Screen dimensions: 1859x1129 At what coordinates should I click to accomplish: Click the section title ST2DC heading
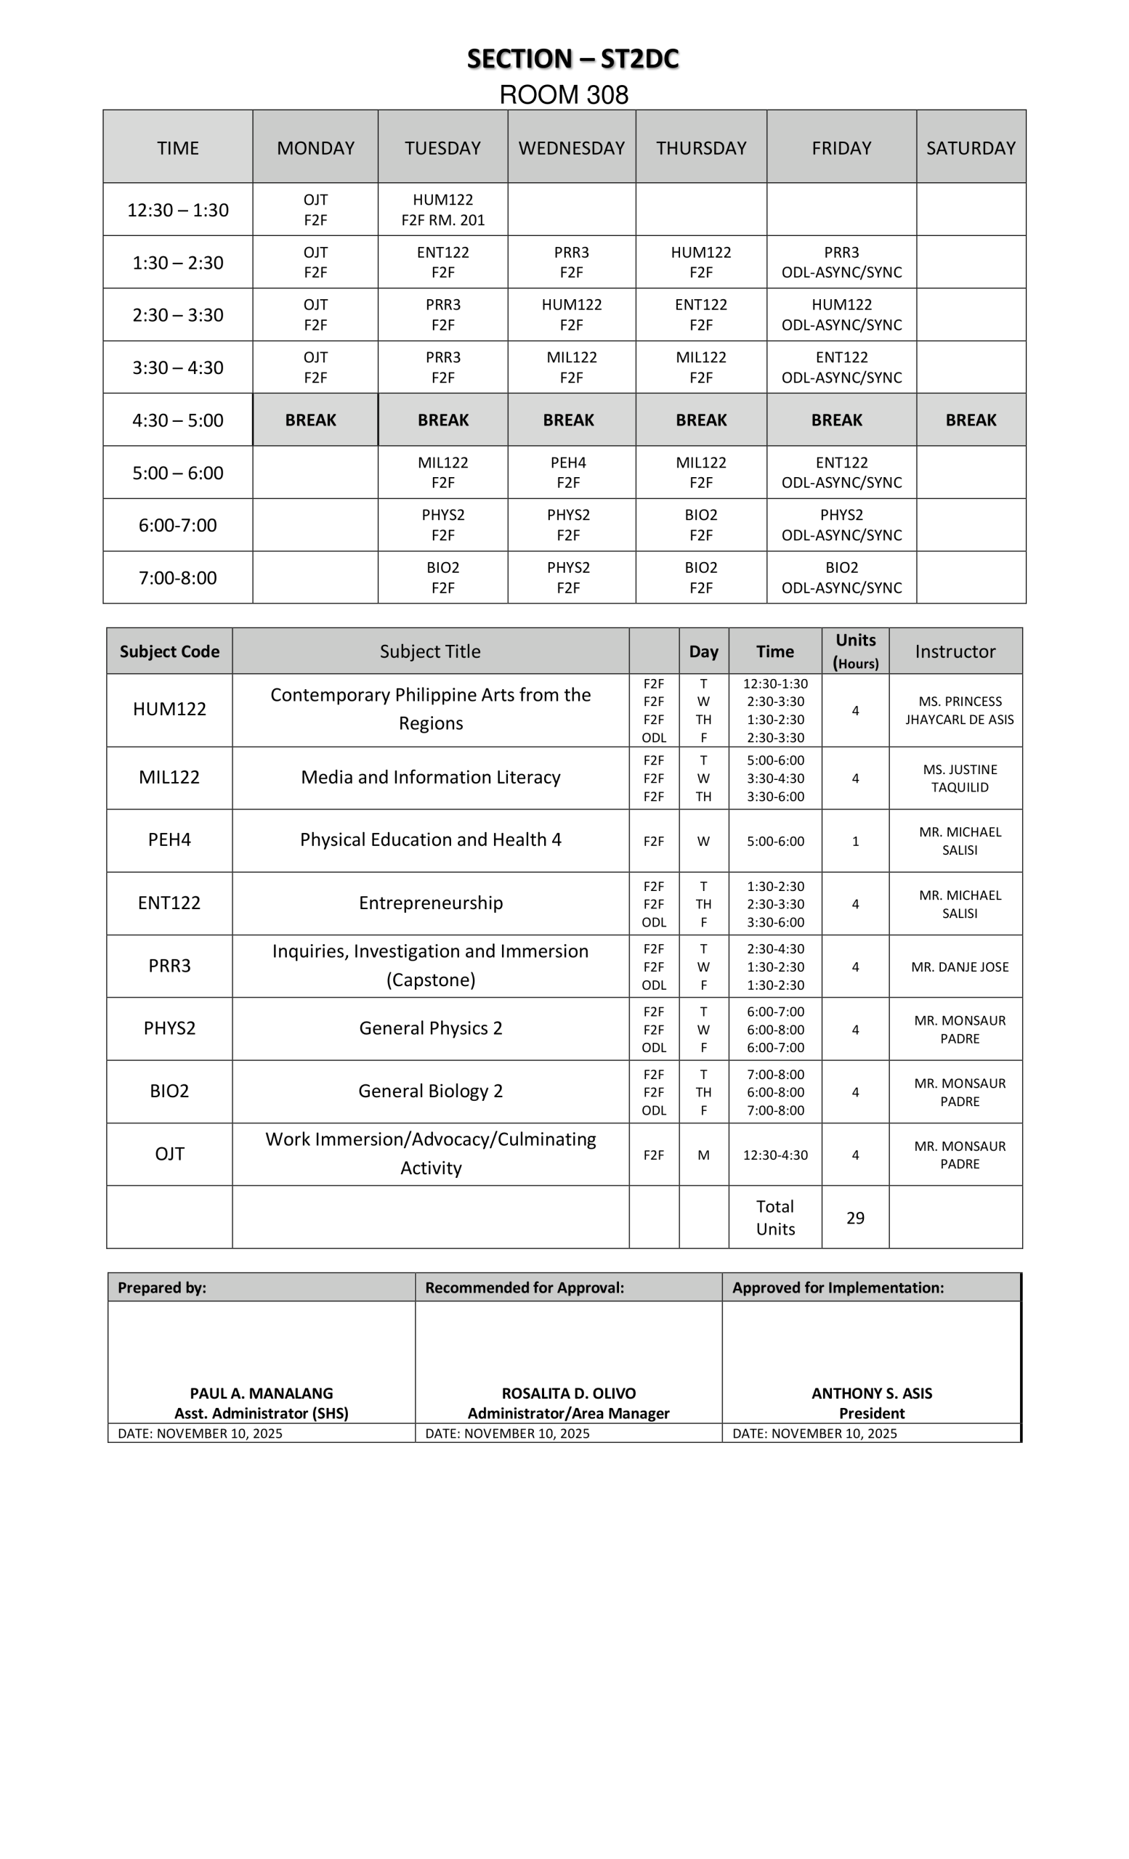point(572,59)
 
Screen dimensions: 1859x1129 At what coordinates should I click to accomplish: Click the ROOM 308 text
point(564,95)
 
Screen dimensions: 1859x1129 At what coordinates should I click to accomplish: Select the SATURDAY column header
point(971,148)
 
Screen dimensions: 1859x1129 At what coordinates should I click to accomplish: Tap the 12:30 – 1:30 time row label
point(177,210)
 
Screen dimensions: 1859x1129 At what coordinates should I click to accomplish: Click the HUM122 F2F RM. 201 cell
point(443,210)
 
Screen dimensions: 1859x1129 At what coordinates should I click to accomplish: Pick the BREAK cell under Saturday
point(971,420)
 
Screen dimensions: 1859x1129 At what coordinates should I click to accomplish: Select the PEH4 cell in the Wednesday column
point(568,472)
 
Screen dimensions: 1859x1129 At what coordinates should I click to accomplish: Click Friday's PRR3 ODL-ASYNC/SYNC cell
point(841,262)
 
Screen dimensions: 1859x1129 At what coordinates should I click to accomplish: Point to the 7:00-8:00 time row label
point(177,578)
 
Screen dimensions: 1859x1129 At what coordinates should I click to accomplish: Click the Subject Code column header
point(169,651)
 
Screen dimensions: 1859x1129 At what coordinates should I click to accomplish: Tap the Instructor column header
point(955,651)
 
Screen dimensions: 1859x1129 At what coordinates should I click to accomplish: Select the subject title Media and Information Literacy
point(430,777)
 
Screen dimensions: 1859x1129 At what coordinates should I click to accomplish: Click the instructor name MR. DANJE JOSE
point(959,967)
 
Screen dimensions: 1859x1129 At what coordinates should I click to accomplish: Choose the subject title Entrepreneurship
point(430,903)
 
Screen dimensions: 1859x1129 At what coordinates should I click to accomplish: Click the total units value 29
point(855,1218)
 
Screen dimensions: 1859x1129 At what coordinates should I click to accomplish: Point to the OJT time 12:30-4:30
point(775,1155)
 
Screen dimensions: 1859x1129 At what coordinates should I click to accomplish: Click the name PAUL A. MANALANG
point(261,1394)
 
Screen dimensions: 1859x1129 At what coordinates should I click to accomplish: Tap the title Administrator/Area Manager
point(568,1413)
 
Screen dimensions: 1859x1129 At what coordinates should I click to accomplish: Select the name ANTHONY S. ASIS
point(872,1394)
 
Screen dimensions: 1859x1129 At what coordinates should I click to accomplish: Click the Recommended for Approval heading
point(525,1287)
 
